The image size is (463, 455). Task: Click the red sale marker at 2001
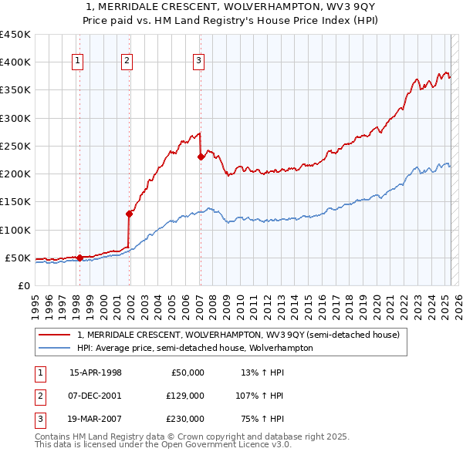pos(129,214)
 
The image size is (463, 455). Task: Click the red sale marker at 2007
pos(201,157)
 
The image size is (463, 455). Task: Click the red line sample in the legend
pos(55,335)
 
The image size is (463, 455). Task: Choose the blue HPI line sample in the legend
pos(55,348)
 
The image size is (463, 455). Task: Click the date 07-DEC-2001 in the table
pos(96,396)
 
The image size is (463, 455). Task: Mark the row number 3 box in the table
pos(39,419)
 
